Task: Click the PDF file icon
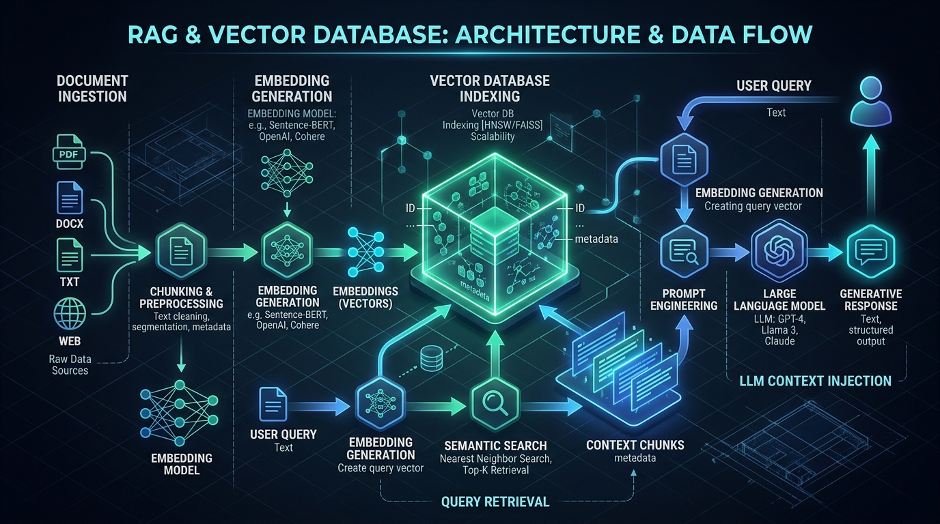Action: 69,151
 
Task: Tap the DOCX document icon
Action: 70,198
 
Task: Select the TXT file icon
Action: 70,255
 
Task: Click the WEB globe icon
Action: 70,314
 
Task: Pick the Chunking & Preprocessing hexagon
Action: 181,251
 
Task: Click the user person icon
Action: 871,101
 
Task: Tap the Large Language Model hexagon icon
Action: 779,251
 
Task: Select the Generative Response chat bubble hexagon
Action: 871,252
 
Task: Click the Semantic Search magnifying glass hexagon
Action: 495,403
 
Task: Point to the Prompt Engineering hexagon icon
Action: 684,251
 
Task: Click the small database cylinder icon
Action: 431,358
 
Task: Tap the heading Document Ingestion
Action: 92,89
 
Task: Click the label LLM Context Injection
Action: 815,381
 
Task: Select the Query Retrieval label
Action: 495,501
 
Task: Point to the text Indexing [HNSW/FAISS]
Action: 493,125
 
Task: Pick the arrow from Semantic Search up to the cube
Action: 495,353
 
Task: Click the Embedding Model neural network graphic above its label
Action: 179,413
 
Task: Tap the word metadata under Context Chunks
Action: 635,458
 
